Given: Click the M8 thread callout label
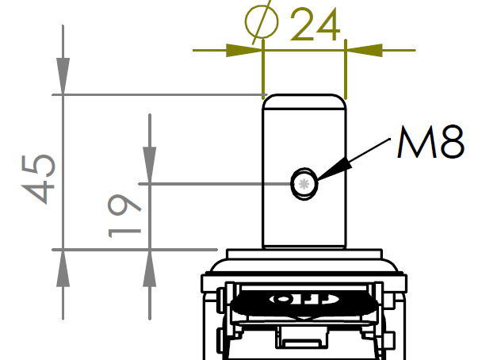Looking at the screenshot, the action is coord(430,142).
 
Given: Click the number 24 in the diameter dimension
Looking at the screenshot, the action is coord(315,25).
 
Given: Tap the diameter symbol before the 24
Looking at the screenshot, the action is coord(262,22).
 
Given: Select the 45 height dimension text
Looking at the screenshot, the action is coord(38,179).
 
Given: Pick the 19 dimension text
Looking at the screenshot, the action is coord(124,216).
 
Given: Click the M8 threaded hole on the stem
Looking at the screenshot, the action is coord(304,184).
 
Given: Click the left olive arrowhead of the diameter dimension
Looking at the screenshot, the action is coord(244,50).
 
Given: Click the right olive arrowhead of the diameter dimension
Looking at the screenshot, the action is coord(364,50).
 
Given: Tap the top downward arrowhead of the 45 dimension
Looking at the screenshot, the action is coord(63,76).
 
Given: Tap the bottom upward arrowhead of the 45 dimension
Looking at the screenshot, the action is coord(63,268).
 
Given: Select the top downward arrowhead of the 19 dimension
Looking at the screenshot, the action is coord(149,165).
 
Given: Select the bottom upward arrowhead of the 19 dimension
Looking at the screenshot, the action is coord(149,268).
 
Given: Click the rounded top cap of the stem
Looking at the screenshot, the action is coord(304,101).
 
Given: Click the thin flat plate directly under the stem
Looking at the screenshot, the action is coord(304,254).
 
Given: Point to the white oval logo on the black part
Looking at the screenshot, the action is coord(304,299).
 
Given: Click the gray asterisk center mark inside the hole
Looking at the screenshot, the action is coord(304,184).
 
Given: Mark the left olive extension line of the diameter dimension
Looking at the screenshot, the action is coord(263,70).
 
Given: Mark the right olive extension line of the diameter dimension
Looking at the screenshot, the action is coord(346,69).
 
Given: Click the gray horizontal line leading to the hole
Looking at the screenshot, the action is coord(215,184).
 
